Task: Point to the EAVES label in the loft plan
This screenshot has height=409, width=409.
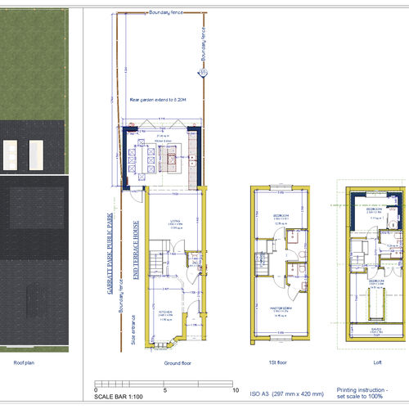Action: coord(377,330)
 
